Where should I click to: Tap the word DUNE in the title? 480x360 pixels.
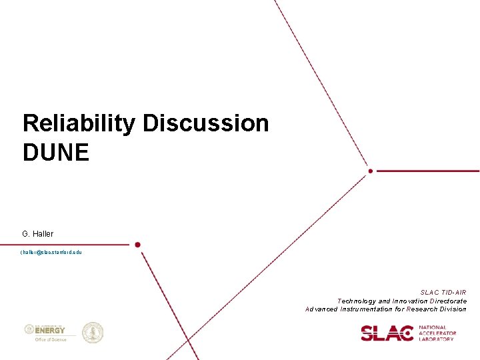click(x=55, y=153)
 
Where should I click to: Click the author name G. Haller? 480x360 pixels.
click(x=37, y=234)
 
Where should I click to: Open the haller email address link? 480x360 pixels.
click(x=51, y=253)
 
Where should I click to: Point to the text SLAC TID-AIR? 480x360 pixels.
click(x=443, y=293)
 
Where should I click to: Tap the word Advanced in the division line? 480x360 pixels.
click(x=321, y=309)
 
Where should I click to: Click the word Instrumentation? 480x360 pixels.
click(x=369, y=309)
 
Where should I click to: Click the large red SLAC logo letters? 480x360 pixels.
click(x=387, y=333)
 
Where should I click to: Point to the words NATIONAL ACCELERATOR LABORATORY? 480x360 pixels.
click(x=437, y=333)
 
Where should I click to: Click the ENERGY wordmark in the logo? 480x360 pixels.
click(x=51, y=330)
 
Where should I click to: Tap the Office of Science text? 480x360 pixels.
click(x=50, y=339)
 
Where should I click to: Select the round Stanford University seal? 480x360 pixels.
click(x=93, y=333)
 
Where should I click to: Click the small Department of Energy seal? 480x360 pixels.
click(x=29, y=329)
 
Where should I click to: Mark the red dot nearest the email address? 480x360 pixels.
click(x=137, y=245)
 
